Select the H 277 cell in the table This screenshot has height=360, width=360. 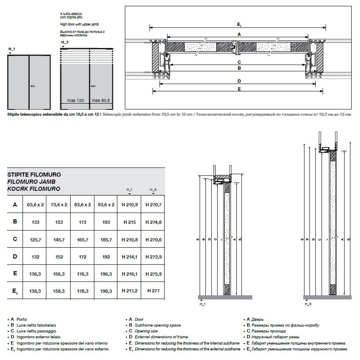click(153, 291)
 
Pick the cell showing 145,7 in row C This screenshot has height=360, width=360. click(59, 240)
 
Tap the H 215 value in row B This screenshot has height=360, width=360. click(129, 222)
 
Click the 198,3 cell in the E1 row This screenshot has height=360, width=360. click(106, 291)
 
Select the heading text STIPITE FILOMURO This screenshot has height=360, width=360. click(34, 175)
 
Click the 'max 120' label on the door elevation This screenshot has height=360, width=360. click(76, 101)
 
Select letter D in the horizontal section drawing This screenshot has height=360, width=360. click(239, 81)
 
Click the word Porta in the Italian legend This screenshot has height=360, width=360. click(22, 319)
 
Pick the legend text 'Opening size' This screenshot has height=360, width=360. click(146, 331)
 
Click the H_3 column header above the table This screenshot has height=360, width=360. click(153, 190)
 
